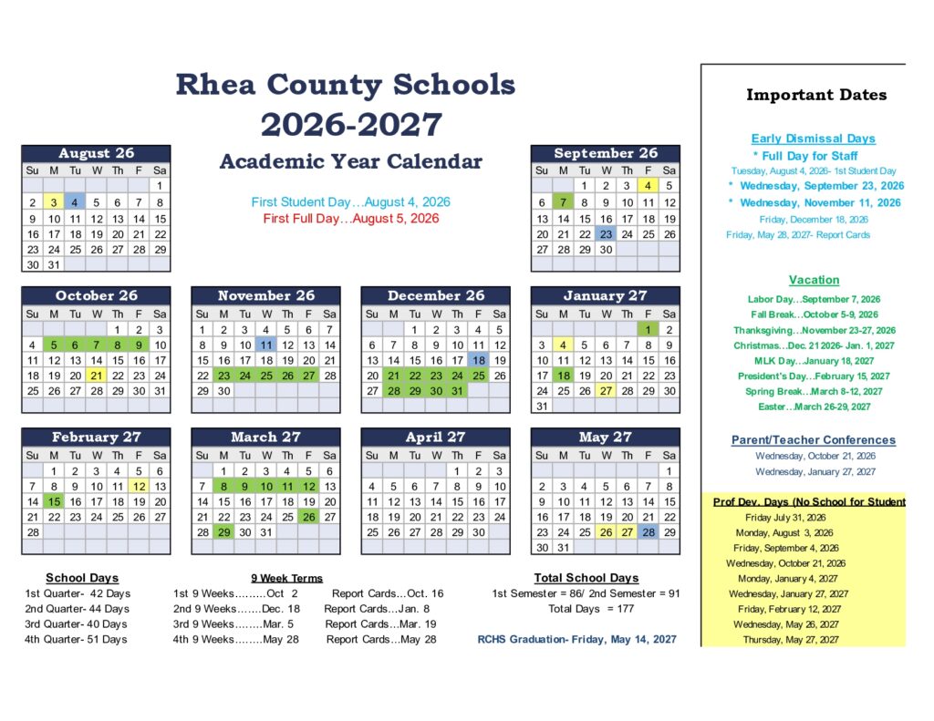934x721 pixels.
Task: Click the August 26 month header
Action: pos(96,153)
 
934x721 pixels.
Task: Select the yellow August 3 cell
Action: pos(54,202)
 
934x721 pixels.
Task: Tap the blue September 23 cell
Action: pos(606,233)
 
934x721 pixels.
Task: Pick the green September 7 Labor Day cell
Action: pos(564,202)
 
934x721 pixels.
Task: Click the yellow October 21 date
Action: pos(97,376)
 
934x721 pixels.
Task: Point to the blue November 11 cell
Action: pos(265,345)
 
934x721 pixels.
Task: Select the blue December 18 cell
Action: pos(478,360)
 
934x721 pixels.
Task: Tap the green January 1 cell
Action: pos(648,329)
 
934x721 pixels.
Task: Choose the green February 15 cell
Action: pos(54,501)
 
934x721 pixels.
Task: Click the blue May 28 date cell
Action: pos(648,532)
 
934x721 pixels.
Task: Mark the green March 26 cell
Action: pos(308,517)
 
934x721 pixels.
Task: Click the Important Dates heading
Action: pos(815,95)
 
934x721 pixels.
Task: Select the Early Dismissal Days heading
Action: pos(813,139)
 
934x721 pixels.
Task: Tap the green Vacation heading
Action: pos(814,280)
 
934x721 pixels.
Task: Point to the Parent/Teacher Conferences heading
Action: pos(813,439)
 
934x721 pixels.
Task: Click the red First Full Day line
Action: pos(350,219)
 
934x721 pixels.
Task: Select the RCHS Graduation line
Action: pos(576,639)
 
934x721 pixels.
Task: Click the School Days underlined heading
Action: pos(82,578)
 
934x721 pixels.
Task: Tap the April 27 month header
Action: pos(435,437)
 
